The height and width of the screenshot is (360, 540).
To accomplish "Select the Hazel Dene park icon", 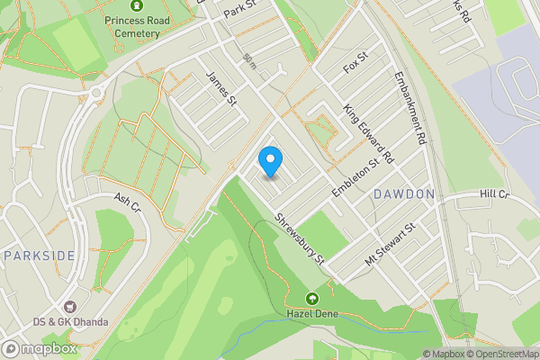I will (312, 298).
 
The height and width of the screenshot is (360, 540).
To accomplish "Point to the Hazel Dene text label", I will (311, 314).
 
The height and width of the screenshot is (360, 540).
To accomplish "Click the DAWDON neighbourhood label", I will (404, 193).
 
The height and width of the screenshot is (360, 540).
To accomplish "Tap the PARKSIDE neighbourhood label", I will (39, 256).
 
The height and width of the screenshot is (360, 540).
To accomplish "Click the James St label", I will (220, 89).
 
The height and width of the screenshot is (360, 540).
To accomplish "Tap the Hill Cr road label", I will (494, 194).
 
